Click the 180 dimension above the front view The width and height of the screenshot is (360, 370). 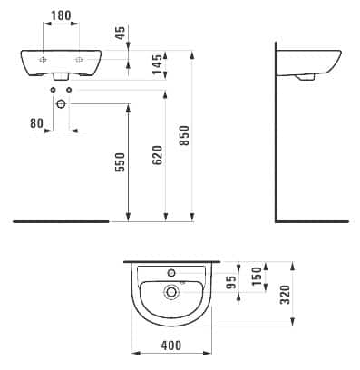[x=62, y=15]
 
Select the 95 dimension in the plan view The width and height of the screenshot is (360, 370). [x=229, y=284]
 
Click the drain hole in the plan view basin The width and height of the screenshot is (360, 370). [x=169, y=291]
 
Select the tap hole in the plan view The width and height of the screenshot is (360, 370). [x=169, y=272]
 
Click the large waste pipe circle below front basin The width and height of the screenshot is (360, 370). [x=61, y=104]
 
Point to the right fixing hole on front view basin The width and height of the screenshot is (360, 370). [x=80, y=58]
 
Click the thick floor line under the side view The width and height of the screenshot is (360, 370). [x=311, y=220]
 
